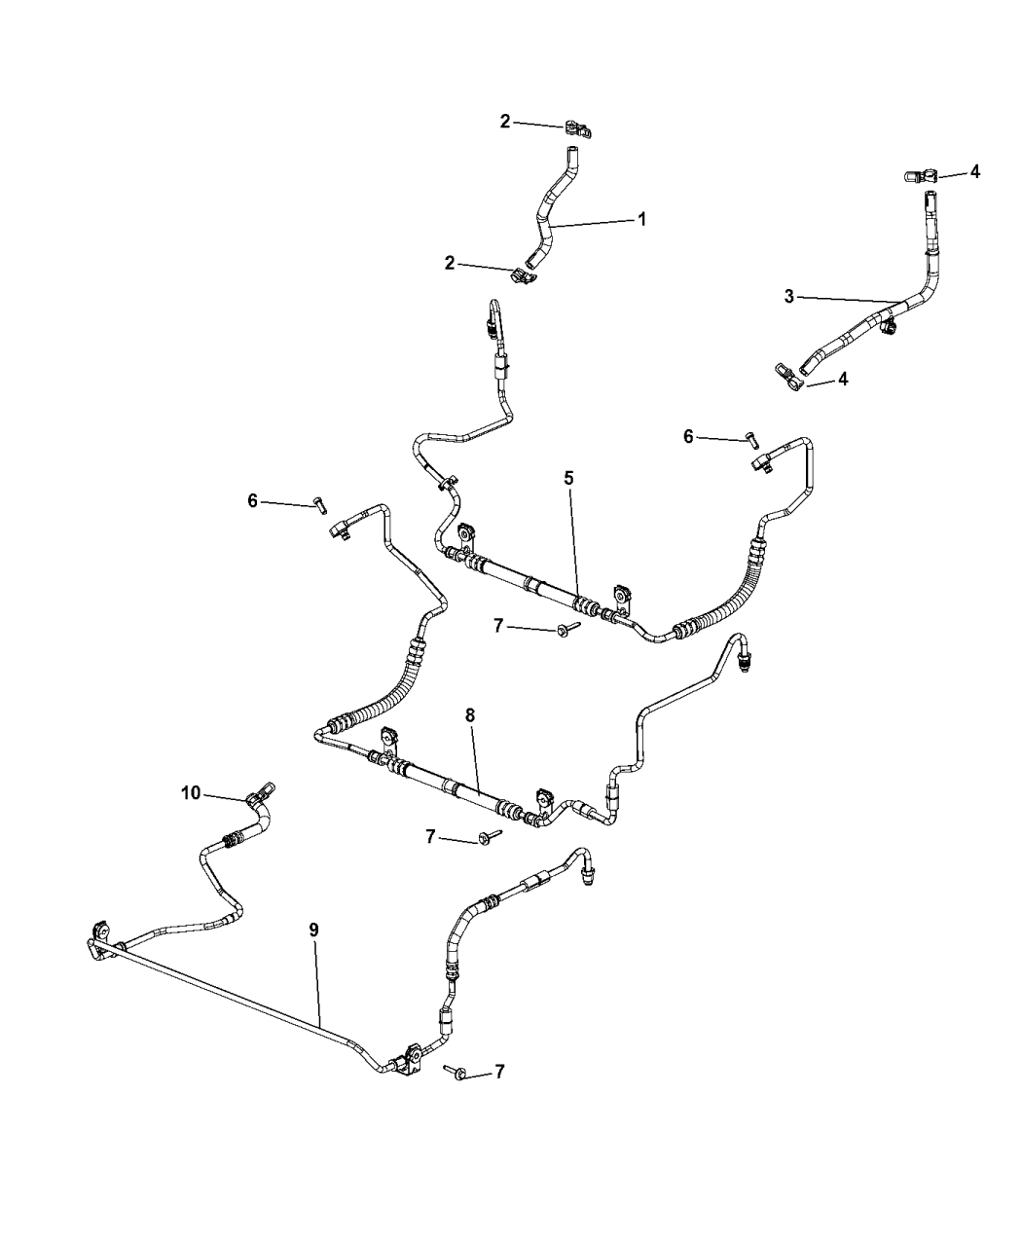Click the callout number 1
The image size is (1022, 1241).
click(641, 219)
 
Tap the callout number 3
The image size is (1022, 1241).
click(789, 296)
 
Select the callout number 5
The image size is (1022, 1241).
click(569, 478)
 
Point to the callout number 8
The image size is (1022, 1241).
click(470, 715)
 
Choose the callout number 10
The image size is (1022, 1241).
click(191, 793)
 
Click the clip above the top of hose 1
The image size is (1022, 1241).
click(579, 129)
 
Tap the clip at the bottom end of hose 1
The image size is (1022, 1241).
click(523, 275)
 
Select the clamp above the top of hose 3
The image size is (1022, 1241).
click(921, 176)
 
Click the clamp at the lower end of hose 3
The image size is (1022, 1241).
click(788, 378)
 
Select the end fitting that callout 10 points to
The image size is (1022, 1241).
click(260, 794)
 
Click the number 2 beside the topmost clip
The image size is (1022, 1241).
click(505, 122)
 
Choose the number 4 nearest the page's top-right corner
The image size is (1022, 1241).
click(975, 171)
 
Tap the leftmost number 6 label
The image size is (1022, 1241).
click(253, 501)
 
